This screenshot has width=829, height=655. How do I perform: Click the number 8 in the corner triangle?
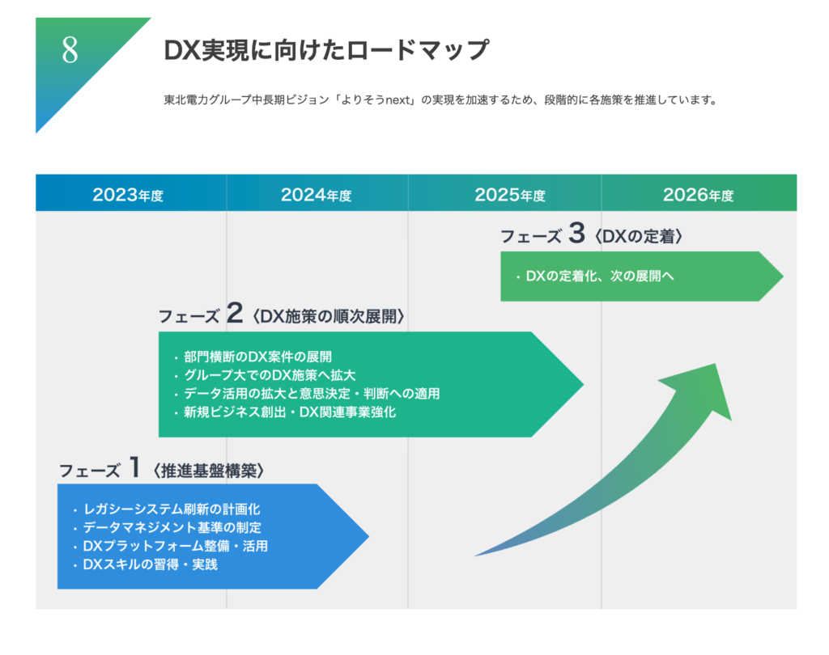[70, 51]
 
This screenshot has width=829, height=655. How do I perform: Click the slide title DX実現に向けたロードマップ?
[326, 51]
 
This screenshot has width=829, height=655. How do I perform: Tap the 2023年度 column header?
[128, 195]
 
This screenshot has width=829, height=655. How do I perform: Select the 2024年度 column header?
[317, 195]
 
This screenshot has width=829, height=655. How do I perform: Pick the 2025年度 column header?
[510, 195]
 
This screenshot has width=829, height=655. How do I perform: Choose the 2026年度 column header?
[699, 195]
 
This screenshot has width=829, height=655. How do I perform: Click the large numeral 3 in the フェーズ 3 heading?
[576, 233]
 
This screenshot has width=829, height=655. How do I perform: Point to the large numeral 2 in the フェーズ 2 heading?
[235, 313]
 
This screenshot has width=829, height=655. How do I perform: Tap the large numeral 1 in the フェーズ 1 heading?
[135, 467]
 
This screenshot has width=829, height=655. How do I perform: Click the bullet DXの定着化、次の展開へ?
[595, 277]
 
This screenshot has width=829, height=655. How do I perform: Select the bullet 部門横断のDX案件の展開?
[253, 357]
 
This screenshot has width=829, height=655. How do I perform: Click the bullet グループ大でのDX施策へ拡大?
[265, 375]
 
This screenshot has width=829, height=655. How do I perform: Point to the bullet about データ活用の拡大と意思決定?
[307, 394]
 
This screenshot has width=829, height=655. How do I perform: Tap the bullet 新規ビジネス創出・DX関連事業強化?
[284, 412]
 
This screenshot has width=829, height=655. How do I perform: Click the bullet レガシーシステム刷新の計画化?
[167, 509]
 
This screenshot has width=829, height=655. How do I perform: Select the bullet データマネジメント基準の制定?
[167, 528]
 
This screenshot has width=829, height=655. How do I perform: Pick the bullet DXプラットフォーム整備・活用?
[170, 546]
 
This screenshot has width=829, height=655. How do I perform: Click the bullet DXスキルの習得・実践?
[146, 564]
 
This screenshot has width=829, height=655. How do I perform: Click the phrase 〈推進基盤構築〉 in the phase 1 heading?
[209, 471]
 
